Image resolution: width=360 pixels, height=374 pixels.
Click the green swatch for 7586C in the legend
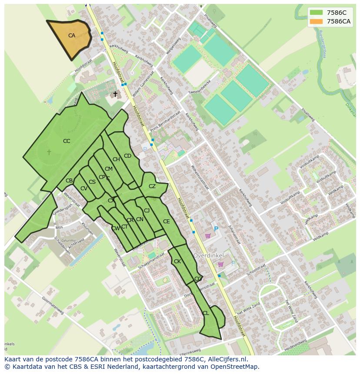click(317, 13)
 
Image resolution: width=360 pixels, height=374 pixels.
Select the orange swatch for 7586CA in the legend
click(317, 21)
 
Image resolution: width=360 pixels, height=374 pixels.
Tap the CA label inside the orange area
click(72, 36)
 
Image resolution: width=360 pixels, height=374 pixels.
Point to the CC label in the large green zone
click(67, 141)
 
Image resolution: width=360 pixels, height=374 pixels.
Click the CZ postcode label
click(152, 186)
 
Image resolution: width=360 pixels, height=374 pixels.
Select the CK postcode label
click(177, 261)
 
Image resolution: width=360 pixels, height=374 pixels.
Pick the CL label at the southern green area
click(206, 313)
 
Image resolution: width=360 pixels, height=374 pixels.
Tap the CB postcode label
click(69, 181)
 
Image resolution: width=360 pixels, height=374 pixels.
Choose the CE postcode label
click(166, 222)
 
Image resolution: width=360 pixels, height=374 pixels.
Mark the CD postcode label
click(127, 156)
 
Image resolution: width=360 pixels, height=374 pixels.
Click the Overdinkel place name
click(208, 255)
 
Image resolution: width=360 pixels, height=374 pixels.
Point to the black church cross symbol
click(115, 94)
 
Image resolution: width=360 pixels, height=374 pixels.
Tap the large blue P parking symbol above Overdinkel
click(216, 229)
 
